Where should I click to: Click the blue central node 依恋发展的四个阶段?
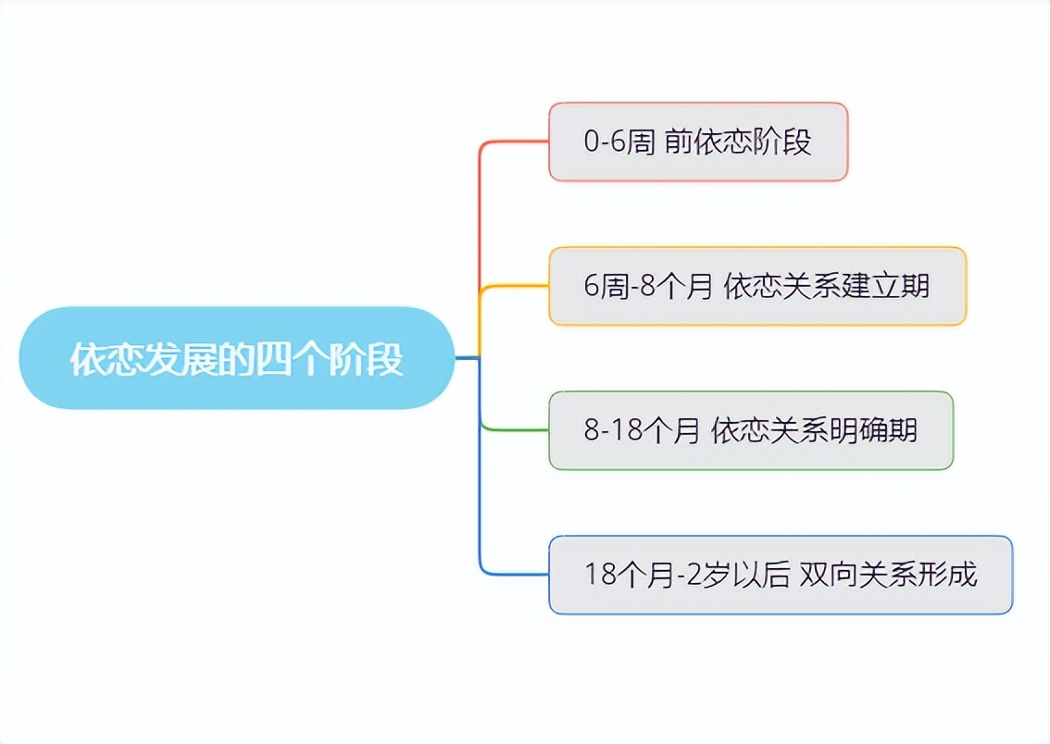coord(237,358)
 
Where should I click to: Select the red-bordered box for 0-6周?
coord(698,142)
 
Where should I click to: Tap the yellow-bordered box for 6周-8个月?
coord(757,286)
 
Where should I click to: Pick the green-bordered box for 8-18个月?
coord(751,430)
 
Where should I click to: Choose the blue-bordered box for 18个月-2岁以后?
coord(781,575)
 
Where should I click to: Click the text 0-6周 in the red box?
coord(619,142)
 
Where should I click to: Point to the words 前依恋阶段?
coord(738,142)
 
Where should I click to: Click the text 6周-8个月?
coord(647,286)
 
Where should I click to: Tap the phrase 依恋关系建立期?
coord(826,286)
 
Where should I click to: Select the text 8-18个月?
coord(642,430)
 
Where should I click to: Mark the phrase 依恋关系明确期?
coord(814,430)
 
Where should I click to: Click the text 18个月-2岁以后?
coord(687,575)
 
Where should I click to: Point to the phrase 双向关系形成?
coord(889,575)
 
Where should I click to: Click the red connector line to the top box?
coord(481,214)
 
